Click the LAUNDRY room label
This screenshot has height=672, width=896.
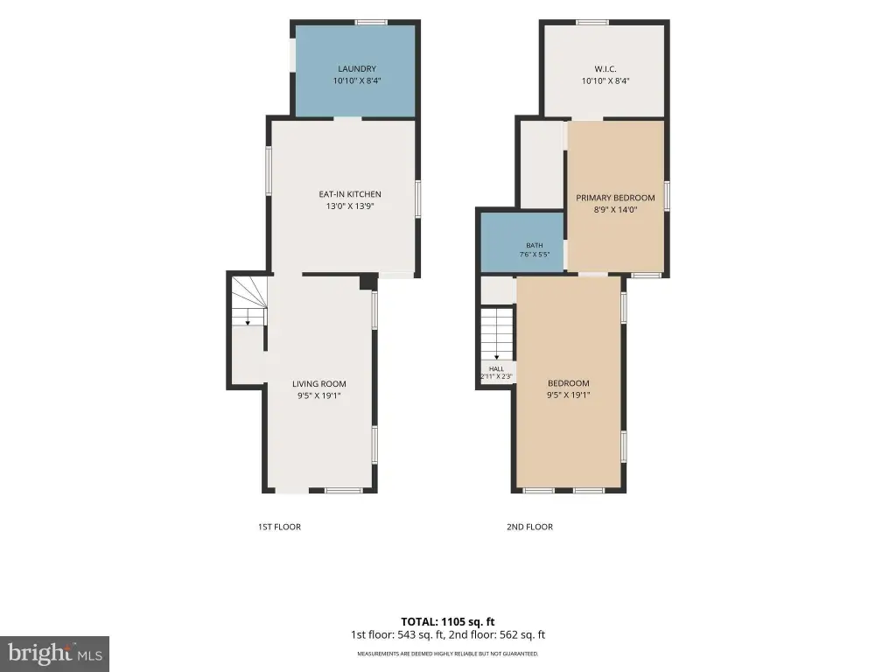coord(357,68)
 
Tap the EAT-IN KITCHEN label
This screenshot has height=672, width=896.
coord(350,194)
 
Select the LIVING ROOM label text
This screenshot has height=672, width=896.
coord(318,384)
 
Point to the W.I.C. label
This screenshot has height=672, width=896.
coord(605,68)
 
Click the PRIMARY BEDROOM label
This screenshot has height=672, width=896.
coord(615,198)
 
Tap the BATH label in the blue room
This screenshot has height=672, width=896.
coord(535,245)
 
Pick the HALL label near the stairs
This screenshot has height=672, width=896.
coord(497,369)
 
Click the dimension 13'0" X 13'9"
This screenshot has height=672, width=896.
coord(350,206)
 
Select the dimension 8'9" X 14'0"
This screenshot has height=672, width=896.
coord(615,210)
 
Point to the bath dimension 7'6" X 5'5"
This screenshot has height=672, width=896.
coord(535,255)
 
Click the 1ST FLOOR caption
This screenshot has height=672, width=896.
coord(279,527)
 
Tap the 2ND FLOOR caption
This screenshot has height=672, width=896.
coord(529,527)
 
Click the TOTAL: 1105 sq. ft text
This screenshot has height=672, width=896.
coord(447,622)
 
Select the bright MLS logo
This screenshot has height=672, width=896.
coord(54,654)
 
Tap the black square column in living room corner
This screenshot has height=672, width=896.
coord(367,283)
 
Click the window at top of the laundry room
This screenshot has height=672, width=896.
coord(371,22)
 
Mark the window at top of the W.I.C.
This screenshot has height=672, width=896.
coord(592,22)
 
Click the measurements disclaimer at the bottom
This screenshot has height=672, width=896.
coord(447,654)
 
